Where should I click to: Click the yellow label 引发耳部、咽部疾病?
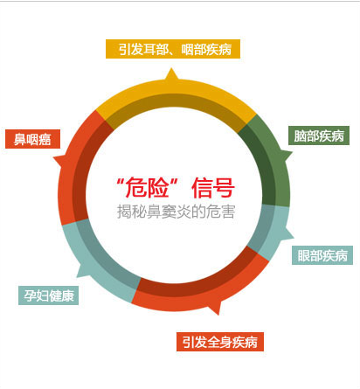pos(173,49)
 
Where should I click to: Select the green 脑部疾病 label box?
pos(319,135)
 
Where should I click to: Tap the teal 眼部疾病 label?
pos(322,255)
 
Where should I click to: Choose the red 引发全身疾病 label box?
pos(220,342)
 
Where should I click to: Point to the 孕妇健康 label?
pos(48,295)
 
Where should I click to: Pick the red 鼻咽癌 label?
pos(32,139)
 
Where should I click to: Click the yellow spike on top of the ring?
pos(171,74)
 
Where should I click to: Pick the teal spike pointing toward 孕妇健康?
pos(82,271)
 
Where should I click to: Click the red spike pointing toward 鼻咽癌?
pos(59,160)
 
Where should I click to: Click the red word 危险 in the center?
pos(147,188)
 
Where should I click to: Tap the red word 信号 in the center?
pos(213,188)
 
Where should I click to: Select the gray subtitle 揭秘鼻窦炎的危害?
pos(176,212)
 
